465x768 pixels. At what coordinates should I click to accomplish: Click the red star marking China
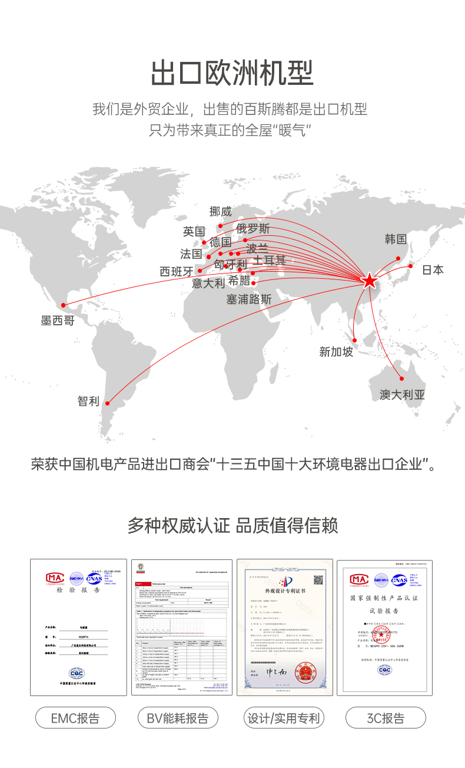click(369, 281)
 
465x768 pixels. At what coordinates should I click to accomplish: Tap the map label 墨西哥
click(58, 321)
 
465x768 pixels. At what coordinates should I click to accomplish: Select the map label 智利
click(88, 401)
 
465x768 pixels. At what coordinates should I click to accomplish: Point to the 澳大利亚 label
click(402, 395)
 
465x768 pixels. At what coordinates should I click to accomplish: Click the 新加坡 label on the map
click(336, 352)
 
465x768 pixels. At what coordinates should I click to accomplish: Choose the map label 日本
click(433, 270)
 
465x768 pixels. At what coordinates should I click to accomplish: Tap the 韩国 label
click(396, 239)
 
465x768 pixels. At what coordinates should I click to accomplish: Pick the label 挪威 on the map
click(221, 212)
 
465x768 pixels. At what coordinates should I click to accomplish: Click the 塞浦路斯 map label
click(249, 299)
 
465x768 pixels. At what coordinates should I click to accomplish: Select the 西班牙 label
click(177, 272)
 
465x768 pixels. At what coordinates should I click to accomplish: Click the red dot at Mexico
click(64, 305)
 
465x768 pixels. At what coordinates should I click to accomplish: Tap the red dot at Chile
click(107, 404)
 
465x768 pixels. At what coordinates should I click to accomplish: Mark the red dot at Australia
click(402, 378)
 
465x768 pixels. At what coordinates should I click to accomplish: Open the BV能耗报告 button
click(178, 718)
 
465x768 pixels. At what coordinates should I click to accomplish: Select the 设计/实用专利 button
click(284, 718)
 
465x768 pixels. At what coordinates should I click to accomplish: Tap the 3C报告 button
click(386, 718)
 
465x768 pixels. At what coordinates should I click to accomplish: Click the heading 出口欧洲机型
click(232, 74)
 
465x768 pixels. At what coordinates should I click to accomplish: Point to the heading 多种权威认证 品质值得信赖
click(232, 525)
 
